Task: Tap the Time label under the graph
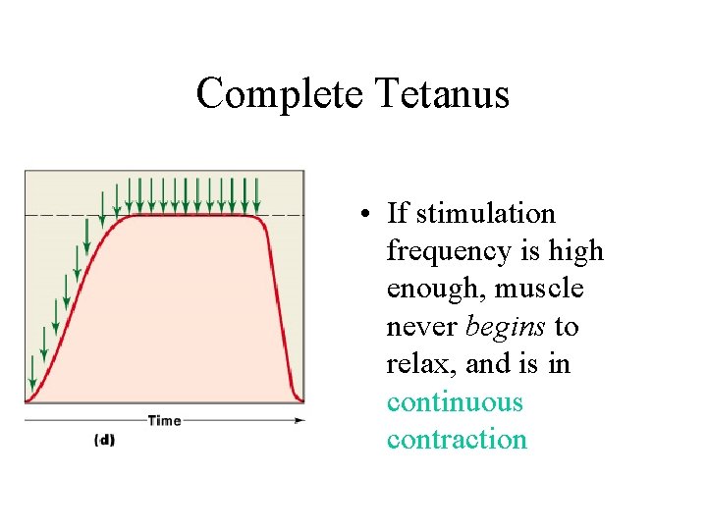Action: pos(164,420)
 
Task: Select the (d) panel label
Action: pos(104,440)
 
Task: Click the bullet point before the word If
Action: pos(364,215)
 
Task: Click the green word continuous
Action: pos(455,402)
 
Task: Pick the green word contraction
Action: pos(457,440)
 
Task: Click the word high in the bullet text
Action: pos(576,252)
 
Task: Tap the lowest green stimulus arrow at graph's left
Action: pos(32,373)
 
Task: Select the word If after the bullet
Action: pos(398,214)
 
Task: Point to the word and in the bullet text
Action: pos(488,364)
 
